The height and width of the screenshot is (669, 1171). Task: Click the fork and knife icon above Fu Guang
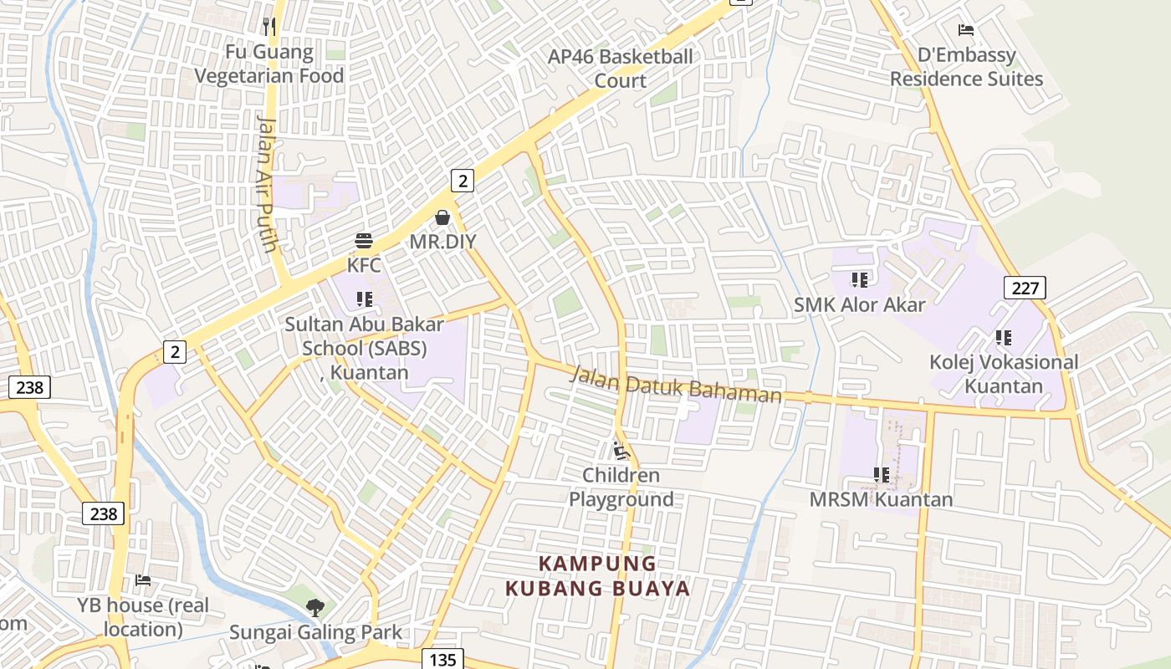point(268,27)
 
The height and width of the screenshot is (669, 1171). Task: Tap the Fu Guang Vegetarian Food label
point(269,64)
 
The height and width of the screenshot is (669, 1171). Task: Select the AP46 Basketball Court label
point(620,69)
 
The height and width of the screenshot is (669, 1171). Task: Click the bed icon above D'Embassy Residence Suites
point(966,31)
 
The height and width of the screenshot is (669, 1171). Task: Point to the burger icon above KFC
point(364,242)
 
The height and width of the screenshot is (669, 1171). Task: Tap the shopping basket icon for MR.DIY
point(442,218)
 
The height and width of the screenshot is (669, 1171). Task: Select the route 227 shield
point(1025,289)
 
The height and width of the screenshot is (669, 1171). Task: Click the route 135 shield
point(442,659)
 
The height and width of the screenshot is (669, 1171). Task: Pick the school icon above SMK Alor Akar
point(859,279)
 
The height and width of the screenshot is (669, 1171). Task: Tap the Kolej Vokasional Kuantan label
point(1004,374)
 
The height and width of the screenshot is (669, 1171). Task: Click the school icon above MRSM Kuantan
point(881,475)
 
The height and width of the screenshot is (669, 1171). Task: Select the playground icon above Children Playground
point(621,452)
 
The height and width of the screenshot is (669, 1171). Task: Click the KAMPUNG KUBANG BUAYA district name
point(598,575)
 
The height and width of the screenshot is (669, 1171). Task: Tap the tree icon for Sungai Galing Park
point(315,608)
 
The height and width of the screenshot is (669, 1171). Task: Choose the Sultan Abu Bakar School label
point(364,347)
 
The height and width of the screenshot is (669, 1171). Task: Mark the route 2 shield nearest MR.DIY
point(463,180)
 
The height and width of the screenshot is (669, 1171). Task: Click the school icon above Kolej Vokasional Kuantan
point(1004,338)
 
